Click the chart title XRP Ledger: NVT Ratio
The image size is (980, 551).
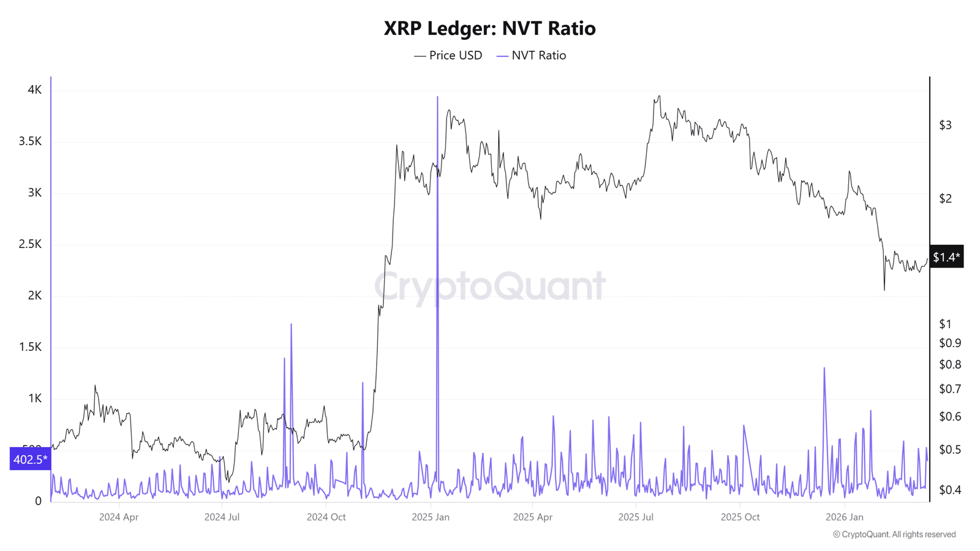click(x=489, y=28)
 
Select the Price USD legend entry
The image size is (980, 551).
click(x=448, y=56)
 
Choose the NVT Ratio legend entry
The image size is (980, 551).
click(x=532, y=56)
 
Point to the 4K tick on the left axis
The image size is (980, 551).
click(x=34, y=90)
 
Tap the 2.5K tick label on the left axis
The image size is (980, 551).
click(x=30, y=244)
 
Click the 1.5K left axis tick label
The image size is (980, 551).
click(x=30, y=347)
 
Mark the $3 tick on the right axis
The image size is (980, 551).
click(x=945, y=126)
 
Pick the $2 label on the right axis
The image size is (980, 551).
click(x=945, y=198)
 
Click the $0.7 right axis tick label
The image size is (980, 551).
click(x=950, y=389)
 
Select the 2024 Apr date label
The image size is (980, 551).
click(x=119, y=517)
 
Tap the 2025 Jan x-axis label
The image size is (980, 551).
click(x=431, y=517)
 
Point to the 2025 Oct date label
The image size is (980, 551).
click(x=740, y=517)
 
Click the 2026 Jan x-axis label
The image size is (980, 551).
click(x=845, y=517)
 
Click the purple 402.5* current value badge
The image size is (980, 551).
click(x=30, y=459)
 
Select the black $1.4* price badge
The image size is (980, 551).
click(x=946, y=257)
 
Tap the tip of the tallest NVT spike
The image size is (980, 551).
click(x=437, y=97)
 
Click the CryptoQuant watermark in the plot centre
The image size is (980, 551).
click(x=489, y=287)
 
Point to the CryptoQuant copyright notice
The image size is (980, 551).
click(x=894, y=534)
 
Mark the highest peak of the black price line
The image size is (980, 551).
click(x=659, y=96)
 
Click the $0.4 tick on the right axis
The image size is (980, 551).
click(x=950, y=490)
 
